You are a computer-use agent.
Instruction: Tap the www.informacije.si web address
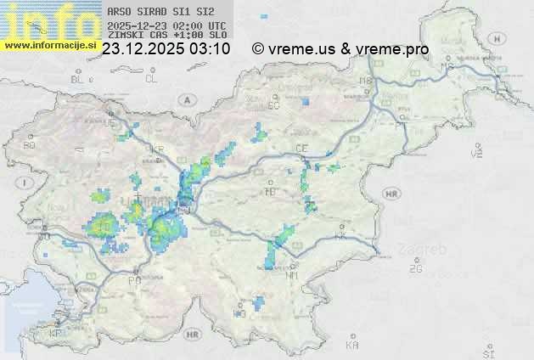[x=48, y=44]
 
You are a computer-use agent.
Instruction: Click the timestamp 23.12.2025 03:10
[x=166, y=49]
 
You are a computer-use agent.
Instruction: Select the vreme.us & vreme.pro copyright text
[x=340, y=49]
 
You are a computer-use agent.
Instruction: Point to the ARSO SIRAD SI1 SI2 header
[x=155, y=13]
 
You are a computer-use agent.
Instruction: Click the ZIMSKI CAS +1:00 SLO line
[x=167, y=36]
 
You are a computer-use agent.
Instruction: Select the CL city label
[x=151, y=78]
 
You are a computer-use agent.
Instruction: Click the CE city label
[x=301, y=149]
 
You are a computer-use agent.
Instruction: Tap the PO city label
[x=133, y=279]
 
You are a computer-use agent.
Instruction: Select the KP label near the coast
[x=56, y=333]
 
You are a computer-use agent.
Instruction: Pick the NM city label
[x=293, y=275]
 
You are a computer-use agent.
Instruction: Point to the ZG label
[x=415, y=269]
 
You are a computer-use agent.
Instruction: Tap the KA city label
[x=352, y=344]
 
